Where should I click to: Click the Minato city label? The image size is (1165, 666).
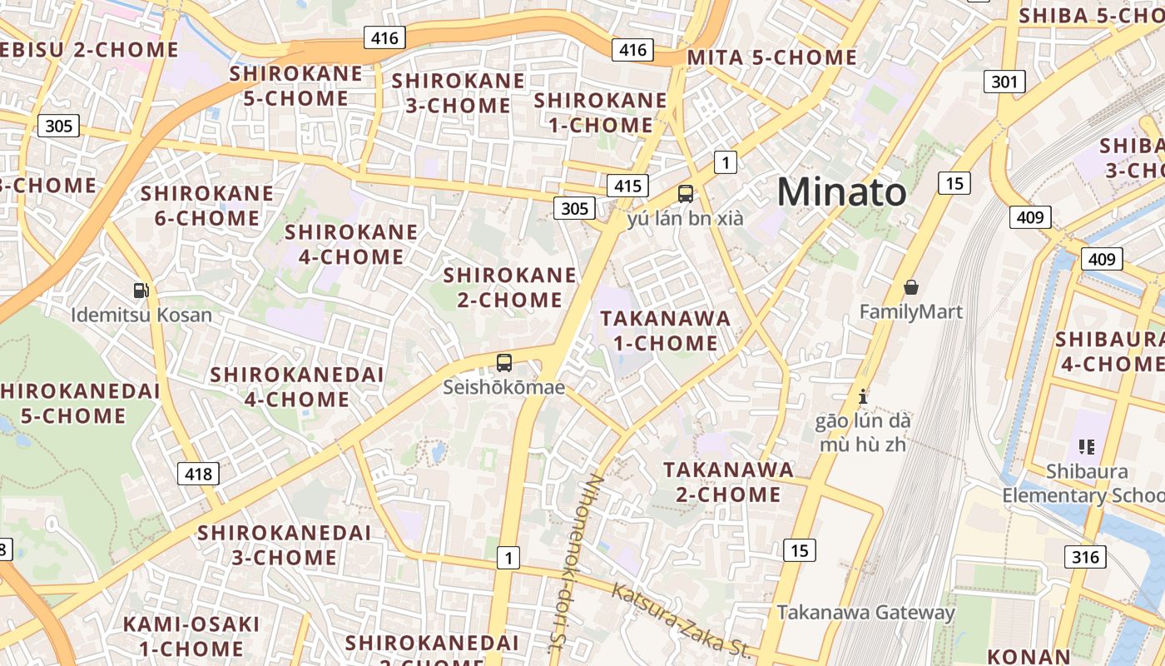841,192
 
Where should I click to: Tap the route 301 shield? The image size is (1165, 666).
1004,82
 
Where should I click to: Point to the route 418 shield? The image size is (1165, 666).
198,474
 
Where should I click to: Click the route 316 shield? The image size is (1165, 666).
1085,557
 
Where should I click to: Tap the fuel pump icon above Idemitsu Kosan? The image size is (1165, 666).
141,291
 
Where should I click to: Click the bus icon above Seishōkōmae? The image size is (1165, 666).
504,362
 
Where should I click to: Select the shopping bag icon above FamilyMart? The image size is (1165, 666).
911,287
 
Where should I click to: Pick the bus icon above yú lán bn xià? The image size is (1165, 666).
686,194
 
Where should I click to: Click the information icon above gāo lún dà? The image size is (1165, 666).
863,396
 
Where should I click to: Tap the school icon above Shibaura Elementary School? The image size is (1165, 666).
1086,446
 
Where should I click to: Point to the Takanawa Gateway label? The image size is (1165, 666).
865,613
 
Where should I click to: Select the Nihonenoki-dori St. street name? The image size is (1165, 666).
573,562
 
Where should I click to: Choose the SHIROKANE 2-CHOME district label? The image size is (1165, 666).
509,287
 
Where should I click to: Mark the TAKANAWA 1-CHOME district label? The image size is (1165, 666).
665,331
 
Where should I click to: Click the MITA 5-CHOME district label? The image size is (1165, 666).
771,57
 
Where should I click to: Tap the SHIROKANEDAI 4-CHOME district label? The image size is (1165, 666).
297,386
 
